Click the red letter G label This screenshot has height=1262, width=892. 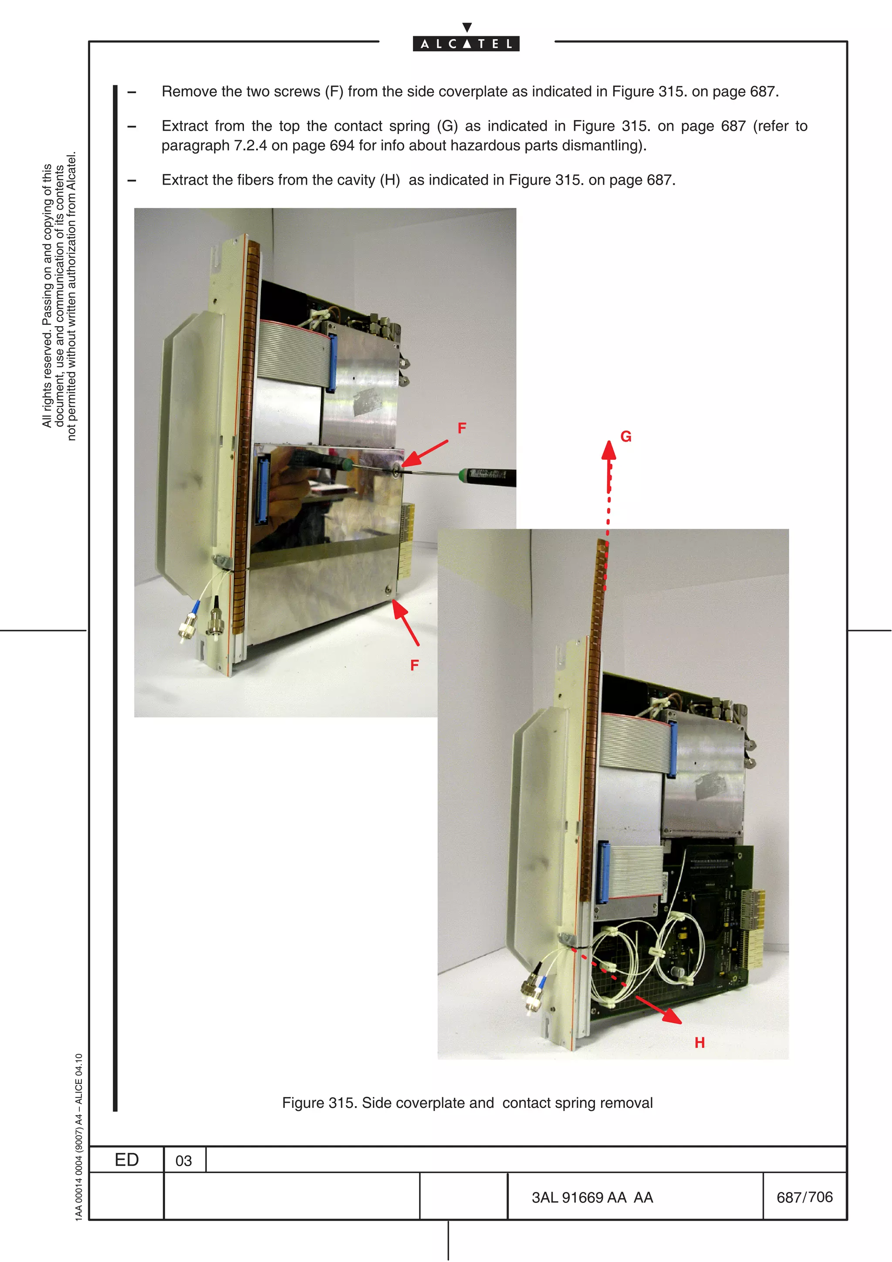pyautogui.click(x=625, y=436)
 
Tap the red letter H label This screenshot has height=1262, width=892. pyautogui.click(x=699, y=1043)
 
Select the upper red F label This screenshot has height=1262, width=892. pyautogui.click(x=462, y=428)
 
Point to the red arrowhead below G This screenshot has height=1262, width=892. pyautogui.click(x=608, y=450)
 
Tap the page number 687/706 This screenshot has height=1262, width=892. pyautogui.click(x=804, y=1197)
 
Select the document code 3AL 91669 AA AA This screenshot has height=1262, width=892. pyautogui.click(x=592, y=1198)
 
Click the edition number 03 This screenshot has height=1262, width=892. pyautogui.click(x=183, y=1161)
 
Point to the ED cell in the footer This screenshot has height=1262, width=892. pyautogui.click(x=126, y=1160)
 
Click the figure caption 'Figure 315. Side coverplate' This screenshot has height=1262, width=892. pyautogui.click(x=467, y=1103)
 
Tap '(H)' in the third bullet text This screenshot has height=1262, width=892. pyautogui.click(x=390, y=180)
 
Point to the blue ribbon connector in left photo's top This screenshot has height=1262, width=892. pyautogui.click(x=331, y=363)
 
